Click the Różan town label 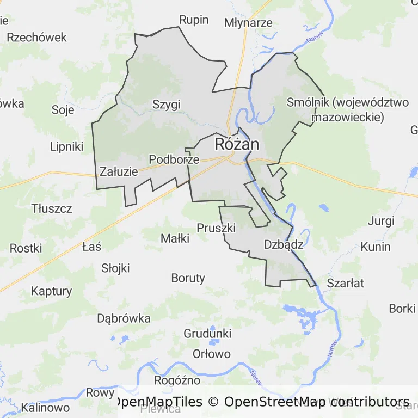click(237, 144)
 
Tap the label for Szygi click(166, 104)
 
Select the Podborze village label click(174, 159)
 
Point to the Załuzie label click(119, 171)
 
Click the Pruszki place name click(216, 228)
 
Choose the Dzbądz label click(283, 244)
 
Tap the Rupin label click(194, 20)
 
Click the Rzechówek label click(36, 37)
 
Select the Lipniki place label click(66, 146)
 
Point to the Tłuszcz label click(52, 208)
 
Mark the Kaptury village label click(51, 291)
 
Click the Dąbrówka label click(124, 318)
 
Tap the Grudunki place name click(207, 333)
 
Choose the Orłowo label click(211, 354)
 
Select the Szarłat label click(345, 283)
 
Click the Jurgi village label click(380, 220)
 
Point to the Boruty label click(188, 278)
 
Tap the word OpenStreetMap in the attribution click(275, 402)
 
